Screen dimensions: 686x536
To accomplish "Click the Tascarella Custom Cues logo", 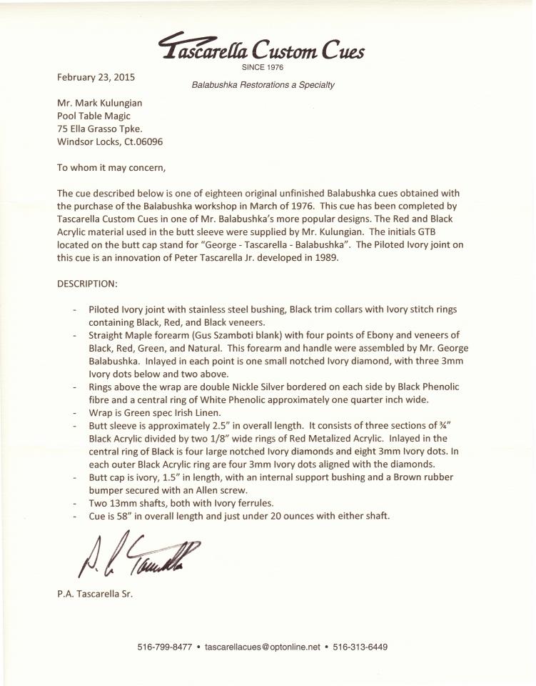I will [263, 49].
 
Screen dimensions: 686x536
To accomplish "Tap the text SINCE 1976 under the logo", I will [263, 68].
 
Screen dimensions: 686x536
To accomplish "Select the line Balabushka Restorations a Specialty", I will [263, 85].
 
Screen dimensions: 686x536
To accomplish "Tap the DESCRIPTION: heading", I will [87, 284].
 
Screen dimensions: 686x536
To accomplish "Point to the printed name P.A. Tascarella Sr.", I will [96, 595].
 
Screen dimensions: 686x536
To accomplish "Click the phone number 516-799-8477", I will [164, 647].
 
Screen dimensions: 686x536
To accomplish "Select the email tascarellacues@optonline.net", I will [262, 647].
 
